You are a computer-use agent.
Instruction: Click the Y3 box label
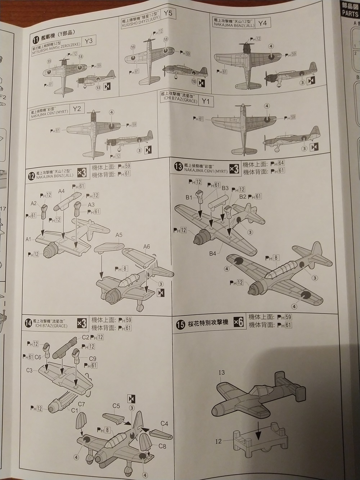tap(88, 41)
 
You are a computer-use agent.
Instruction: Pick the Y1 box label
tap(206, 102)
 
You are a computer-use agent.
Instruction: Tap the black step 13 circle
tap(177, 166)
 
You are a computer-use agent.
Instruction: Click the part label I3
tap(221, 373)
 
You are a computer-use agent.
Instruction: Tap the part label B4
tap(213, 254)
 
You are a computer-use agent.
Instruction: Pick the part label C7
tap(81, 404)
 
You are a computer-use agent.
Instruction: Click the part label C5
tap(116, 406)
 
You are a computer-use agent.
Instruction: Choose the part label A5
tap(119, 235)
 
